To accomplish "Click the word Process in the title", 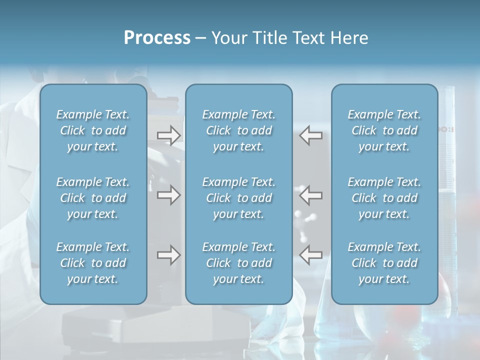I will coord(157,38).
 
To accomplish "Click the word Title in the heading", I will coord(267,38).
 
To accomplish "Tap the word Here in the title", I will coord(348,38).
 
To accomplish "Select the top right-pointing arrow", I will coord(168,135).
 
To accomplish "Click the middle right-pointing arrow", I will coord(168,195).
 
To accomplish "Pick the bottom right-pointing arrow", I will coord(168,255).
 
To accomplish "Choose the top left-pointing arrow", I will coord(311,135).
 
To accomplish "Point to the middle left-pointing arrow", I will coord(311,195).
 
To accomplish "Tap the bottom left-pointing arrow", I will coord(311,255).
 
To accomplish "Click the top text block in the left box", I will coord(93,130).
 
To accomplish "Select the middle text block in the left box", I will coord(93,198).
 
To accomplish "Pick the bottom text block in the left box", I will coord(93,263).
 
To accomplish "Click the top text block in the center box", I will coord(238,130).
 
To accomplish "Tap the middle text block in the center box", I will coord(238,198).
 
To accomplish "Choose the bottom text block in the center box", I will coord(238,263).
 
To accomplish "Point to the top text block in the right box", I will coord(384,130).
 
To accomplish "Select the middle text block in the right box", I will coord(384,198).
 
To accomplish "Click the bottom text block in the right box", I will coord(384,263).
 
